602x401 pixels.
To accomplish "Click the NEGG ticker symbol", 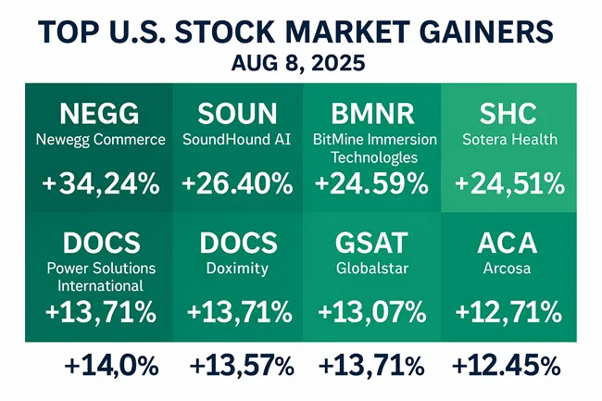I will pos(99,114).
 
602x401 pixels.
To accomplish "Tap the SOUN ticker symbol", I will pos(237,114).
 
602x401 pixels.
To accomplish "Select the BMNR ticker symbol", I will pos(371,114).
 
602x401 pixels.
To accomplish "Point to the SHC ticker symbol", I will pos(507,114).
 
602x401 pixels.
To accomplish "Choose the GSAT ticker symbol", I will pos(371,243).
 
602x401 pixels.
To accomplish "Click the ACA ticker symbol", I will pos(507,243).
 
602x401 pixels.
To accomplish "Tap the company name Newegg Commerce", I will pos(99,141).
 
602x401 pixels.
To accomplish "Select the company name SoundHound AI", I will pos(237,141).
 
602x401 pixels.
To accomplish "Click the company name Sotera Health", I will pos(507,141).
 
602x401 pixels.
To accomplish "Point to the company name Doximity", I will pos(237,269).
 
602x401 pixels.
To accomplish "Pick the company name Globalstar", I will pos(371,269).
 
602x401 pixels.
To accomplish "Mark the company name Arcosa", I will pos(507,269).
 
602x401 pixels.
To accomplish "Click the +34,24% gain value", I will pos(99,183).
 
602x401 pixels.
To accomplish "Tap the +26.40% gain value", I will pos(237,183).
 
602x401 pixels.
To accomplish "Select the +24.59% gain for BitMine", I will pos(371,183).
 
